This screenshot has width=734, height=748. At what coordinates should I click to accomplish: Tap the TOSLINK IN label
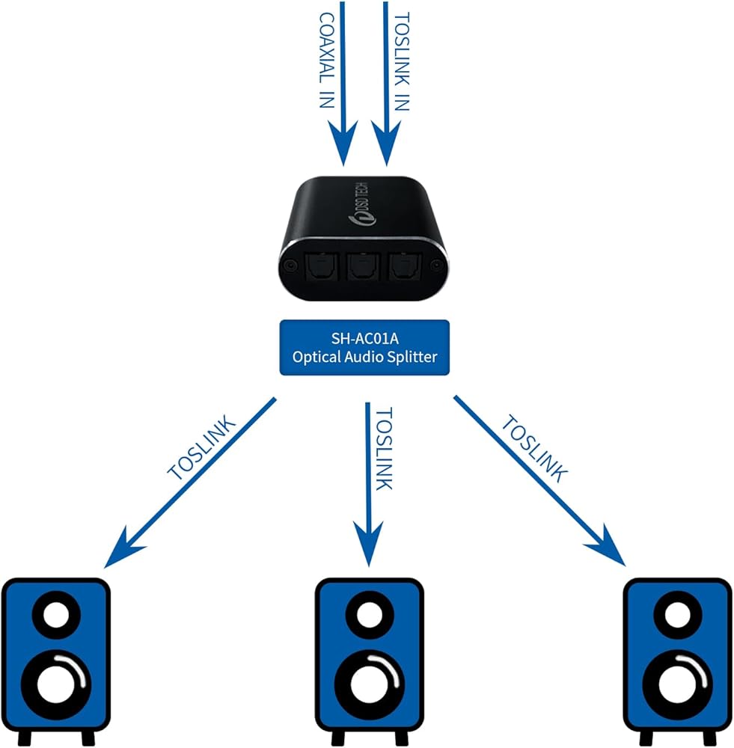pos(402,60)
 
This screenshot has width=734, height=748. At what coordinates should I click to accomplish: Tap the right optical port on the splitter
pos(404,265)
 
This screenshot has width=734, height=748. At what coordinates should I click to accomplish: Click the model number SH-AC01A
pos(364,337)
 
